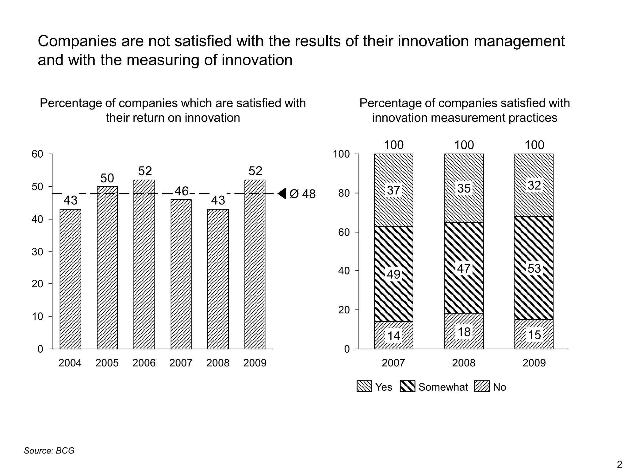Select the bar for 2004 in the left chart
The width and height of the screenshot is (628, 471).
point(70,279)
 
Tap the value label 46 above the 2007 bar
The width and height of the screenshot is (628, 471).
point(181,191)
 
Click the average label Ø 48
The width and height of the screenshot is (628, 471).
point(302,194)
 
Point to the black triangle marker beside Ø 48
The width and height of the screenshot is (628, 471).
point(282,193)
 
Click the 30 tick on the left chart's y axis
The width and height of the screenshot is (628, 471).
point(37,252)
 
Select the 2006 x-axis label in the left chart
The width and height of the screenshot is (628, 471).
point(144,363)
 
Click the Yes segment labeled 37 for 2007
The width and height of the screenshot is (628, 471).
point(393,190)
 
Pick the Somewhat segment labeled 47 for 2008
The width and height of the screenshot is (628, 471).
point(464,268)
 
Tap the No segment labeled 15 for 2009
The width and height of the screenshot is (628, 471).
point(534,335)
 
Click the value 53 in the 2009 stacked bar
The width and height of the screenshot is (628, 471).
point(534,269)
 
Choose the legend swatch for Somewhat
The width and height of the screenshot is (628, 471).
point(408,387)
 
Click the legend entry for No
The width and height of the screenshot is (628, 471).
point(499,387)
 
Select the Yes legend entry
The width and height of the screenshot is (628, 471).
point(383,387)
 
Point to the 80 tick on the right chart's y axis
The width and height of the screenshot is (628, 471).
point(344,193)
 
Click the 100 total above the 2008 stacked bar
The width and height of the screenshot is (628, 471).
point(464,145)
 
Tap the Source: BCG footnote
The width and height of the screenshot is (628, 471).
point(49,450)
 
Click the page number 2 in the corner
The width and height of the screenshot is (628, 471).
point(619,464)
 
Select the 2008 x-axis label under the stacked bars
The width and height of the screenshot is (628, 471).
point(464,363)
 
